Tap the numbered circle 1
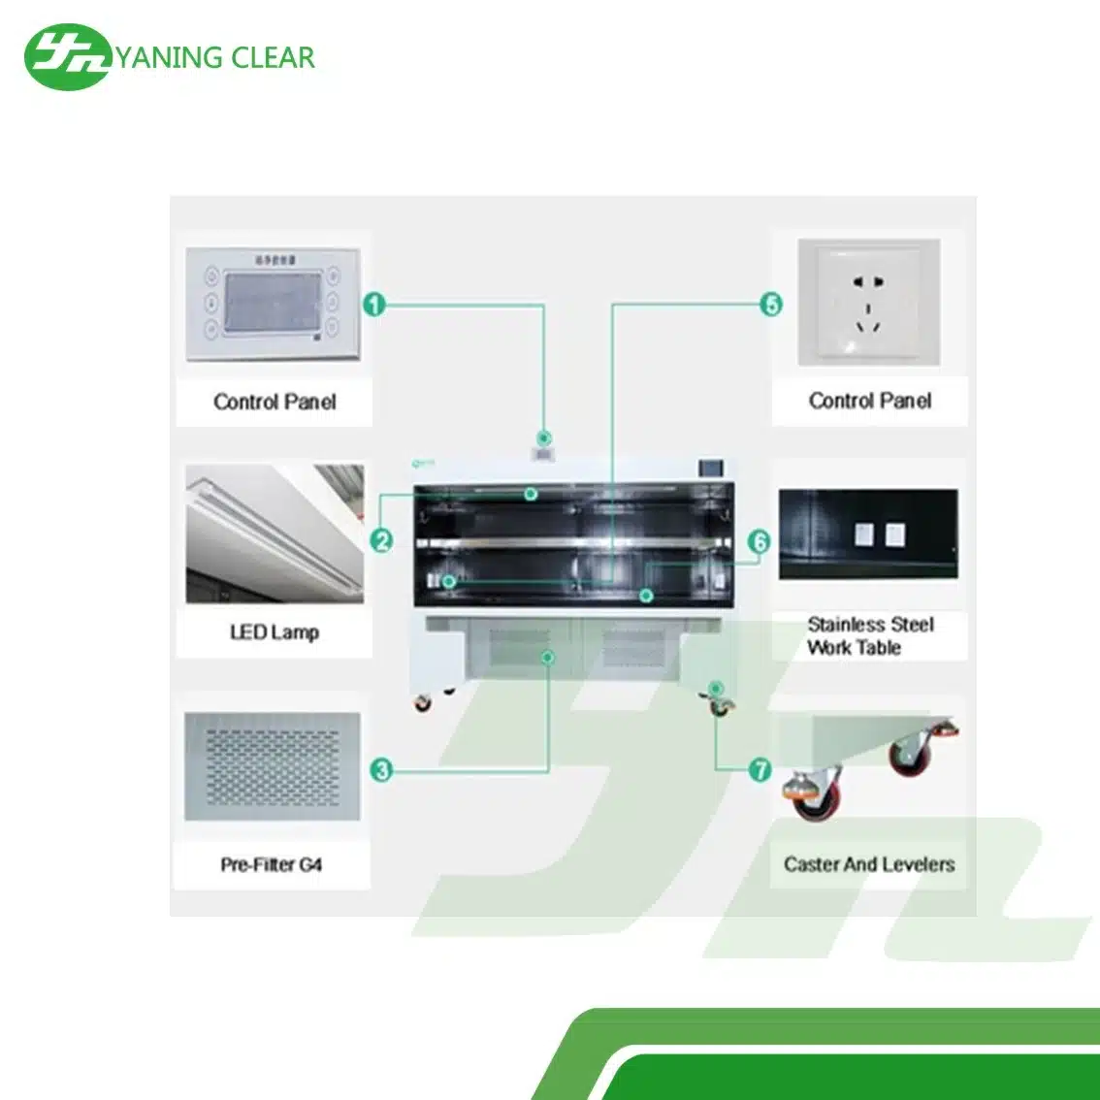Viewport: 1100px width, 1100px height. [374, 305]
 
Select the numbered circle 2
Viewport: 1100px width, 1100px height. [381, 540]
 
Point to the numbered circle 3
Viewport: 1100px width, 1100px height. [381, 770]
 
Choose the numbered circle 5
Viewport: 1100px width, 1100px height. [771, 305]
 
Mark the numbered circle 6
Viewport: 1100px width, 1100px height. [759, 541]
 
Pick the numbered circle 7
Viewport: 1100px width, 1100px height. [760, 770]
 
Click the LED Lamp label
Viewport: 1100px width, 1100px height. [275, 632]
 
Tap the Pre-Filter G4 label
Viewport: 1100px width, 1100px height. [271, 863]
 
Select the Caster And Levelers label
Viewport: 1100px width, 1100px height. [868, 863]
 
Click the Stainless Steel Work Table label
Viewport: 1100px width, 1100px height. [869, 635]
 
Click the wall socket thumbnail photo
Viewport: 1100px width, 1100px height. [868, 303]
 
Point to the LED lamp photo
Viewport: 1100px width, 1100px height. [275, 534]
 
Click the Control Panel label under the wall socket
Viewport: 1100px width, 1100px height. [869, 401]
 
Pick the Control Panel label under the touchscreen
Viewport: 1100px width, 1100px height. [275, 402]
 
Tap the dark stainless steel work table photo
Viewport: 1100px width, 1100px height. [868, 534]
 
